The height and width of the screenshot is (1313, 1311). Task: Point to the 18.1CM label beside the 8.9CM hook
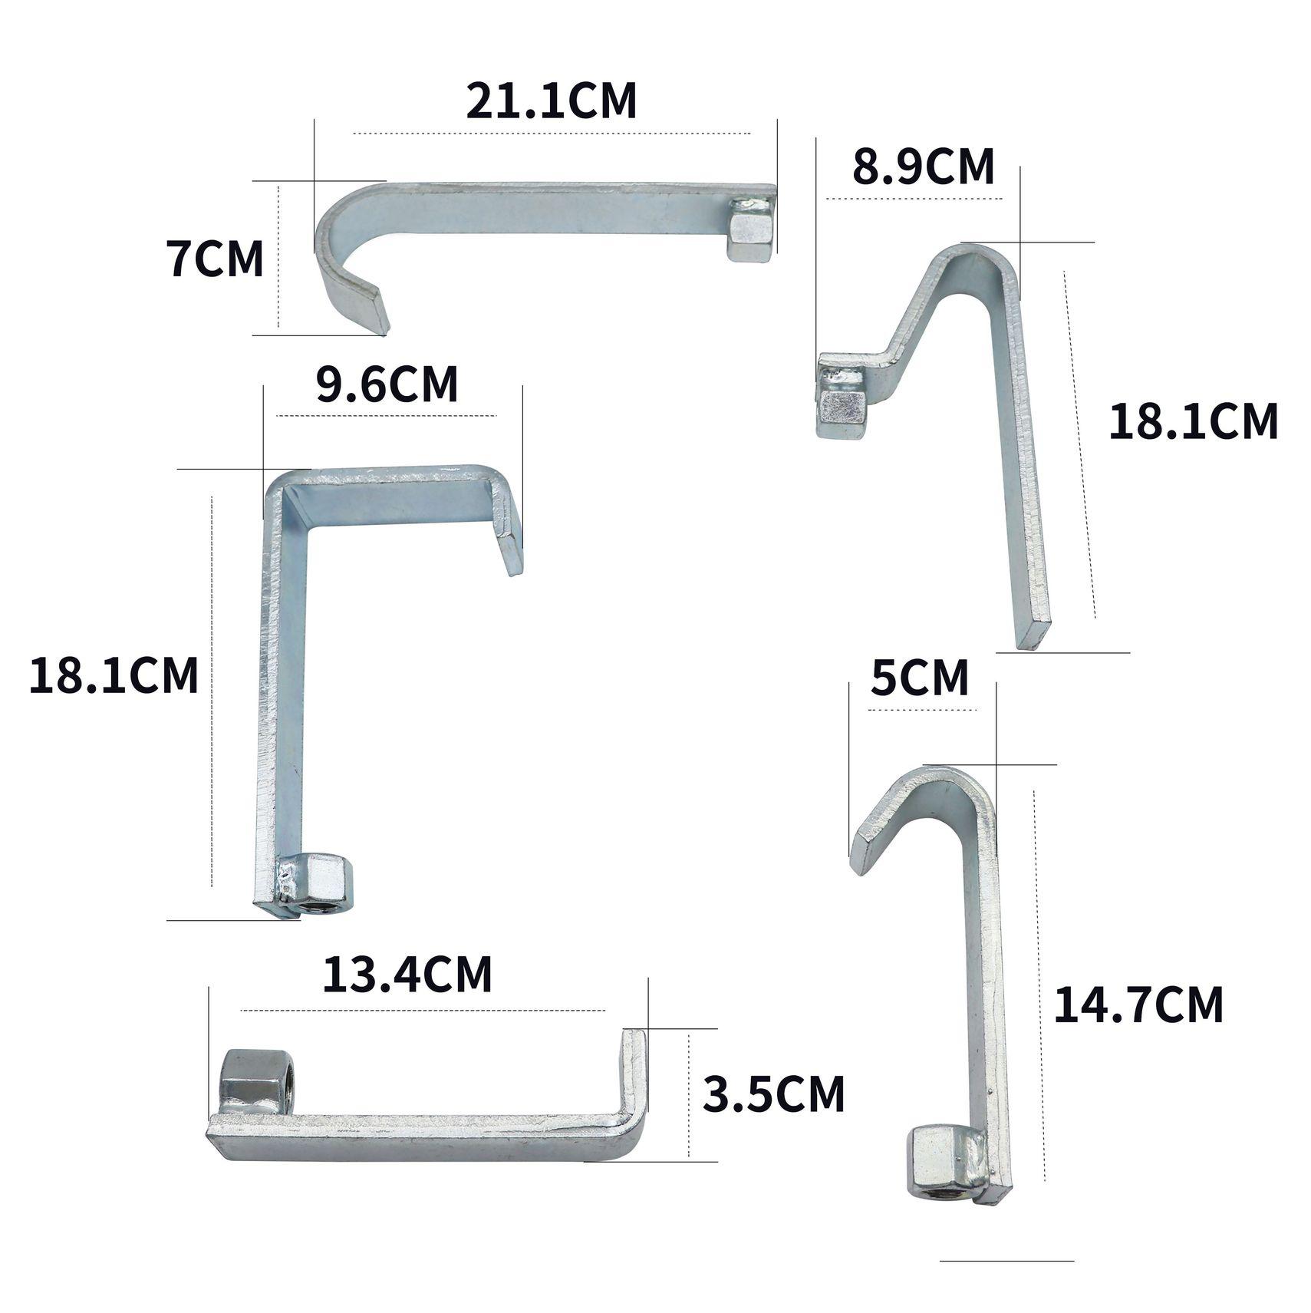pos(1194,421)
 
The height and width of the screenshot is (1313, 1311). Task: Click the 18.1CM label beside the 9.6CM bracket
pos(114,675)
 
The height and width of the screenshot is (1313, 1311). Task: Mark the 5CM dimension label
pos(920,678)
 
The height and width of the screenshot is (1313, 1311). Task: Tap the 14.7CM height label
pos(1138,1005)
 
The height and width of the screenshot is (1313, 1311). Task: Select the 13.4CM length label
pos(407,975)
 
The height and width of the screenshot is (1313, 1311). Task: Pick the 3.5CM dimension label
pos(773,1094)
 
